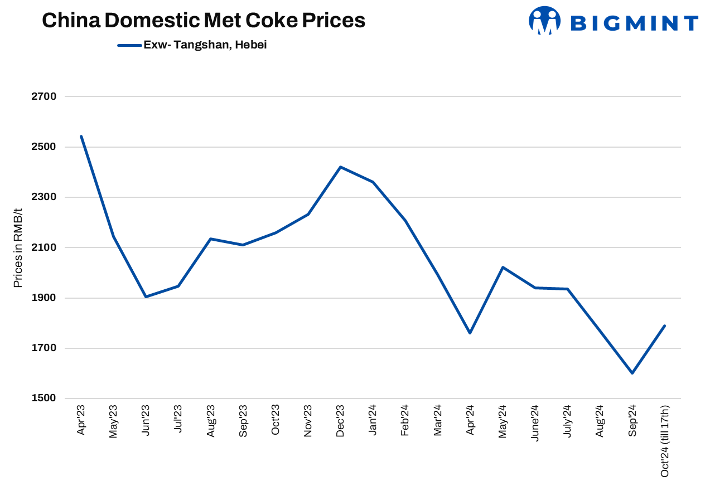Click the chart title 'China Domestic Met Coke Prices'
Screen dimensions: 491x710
coord(204,21)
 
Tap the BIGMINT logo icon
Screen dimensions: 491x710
coord(544,21)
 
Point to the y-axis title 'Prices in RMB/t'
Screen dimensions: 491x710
coord(18,248)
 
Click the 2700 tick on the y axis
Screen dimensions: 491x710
coord(45,96)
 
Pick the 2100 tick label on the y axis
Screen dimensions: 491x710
coord(45,247)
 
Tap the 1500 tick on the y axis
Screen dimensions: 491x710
coord(45,398)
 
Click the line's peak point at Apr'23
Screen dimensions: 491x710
coord(81,136)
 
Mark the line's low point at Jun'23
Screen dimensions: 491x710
coord(146,296)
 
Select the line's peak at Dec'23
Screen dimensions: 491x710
coord(340,167)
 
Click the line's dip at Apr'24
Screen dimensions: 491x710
coord(470,333)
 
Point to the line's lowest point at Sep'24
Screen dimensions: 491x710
coord(632,373)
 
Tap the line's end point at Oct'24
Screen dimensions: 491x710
coord(664,326)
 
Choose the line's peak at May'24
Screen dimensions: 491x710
coord(503,267)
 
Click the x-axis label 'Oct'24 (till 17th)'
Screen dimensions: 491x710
coord(664,441)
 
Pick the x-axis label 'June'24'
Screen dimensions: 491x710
coord(535,423)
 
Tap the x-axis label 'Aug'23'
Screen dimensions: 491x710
coord(211,421)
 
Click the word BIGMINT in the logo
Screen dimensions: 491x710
coord(634,23)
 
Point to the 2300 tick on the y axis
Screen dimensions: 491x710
coord(45,197)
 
